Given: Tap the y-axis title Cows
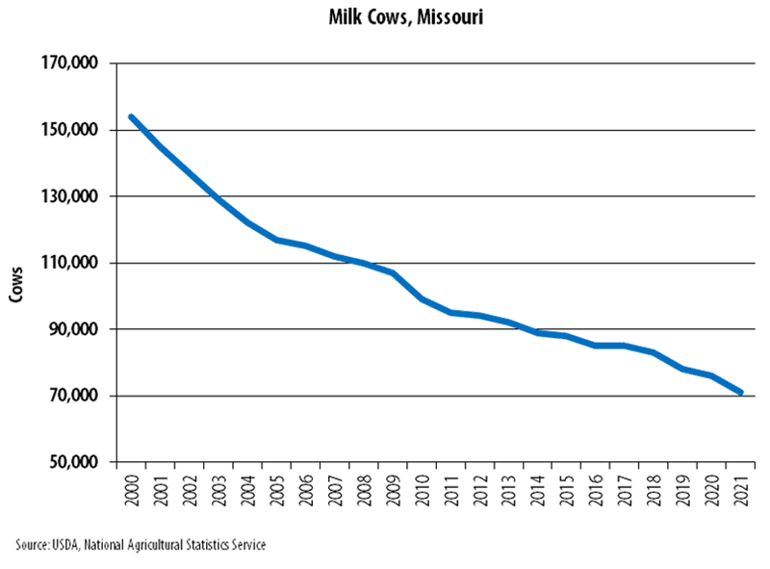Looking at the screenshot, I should click(x=16, y=285).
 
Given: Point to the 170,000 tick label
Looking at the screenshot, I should click(x=74, y=64).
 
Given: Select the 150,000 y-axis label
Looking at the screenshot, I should click(x=74, y=130).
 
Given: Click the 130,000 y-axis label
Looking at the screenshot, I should click(x=74, y=196).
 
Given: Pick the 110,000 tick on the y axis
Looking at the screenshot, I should click(x=74, y=263).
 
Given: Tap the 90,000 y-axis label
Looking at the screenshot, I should click(x=78, y=329).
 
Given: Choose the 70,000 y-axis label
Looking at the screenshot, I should click(x=78, y=396).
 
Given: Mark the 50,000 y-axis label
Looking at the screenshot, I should click(x=78, y=462).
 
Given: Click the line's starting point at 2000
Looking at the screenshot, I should click(x=132, y=117).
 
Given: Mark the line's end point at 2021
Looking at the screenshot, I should click(x=741, y=393).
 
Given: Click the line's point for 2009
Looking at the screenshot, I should click(x=393, y=272).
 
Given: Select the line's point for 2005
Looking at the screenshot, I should click(x=277, y=240).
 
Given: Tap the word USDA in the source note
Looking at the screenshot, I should click(x=65, y=546).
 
